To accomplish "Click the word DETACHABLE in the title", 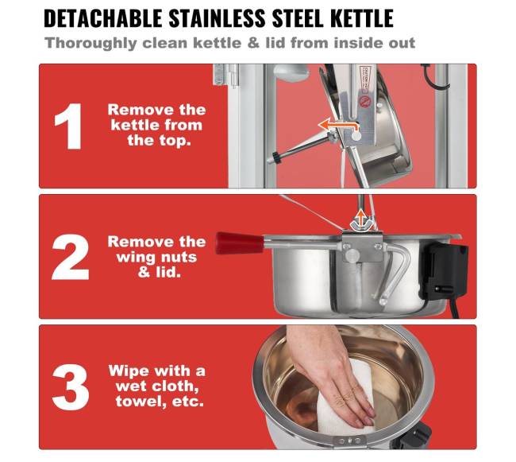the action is coord(102,18).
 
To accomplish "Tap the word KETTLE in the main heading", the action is coord(362,18).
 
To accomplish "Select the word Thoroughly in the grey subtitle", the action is coord(90,44).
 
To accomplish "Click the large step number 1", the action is coord(68,126).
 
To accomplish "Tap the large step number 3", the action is coord(71,387).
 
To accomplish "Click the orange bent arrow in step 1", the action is coord(338,126).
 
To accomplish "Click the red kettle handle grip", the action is coord(240,243).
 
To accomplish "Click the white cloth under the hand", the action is coord(345,404).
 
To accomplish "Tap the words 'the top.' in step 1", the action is coord(160,141).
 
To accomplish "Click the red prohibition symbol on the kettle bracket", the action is coord(364,101).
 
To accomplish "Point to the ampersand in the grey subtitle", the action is coord(253,43).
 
